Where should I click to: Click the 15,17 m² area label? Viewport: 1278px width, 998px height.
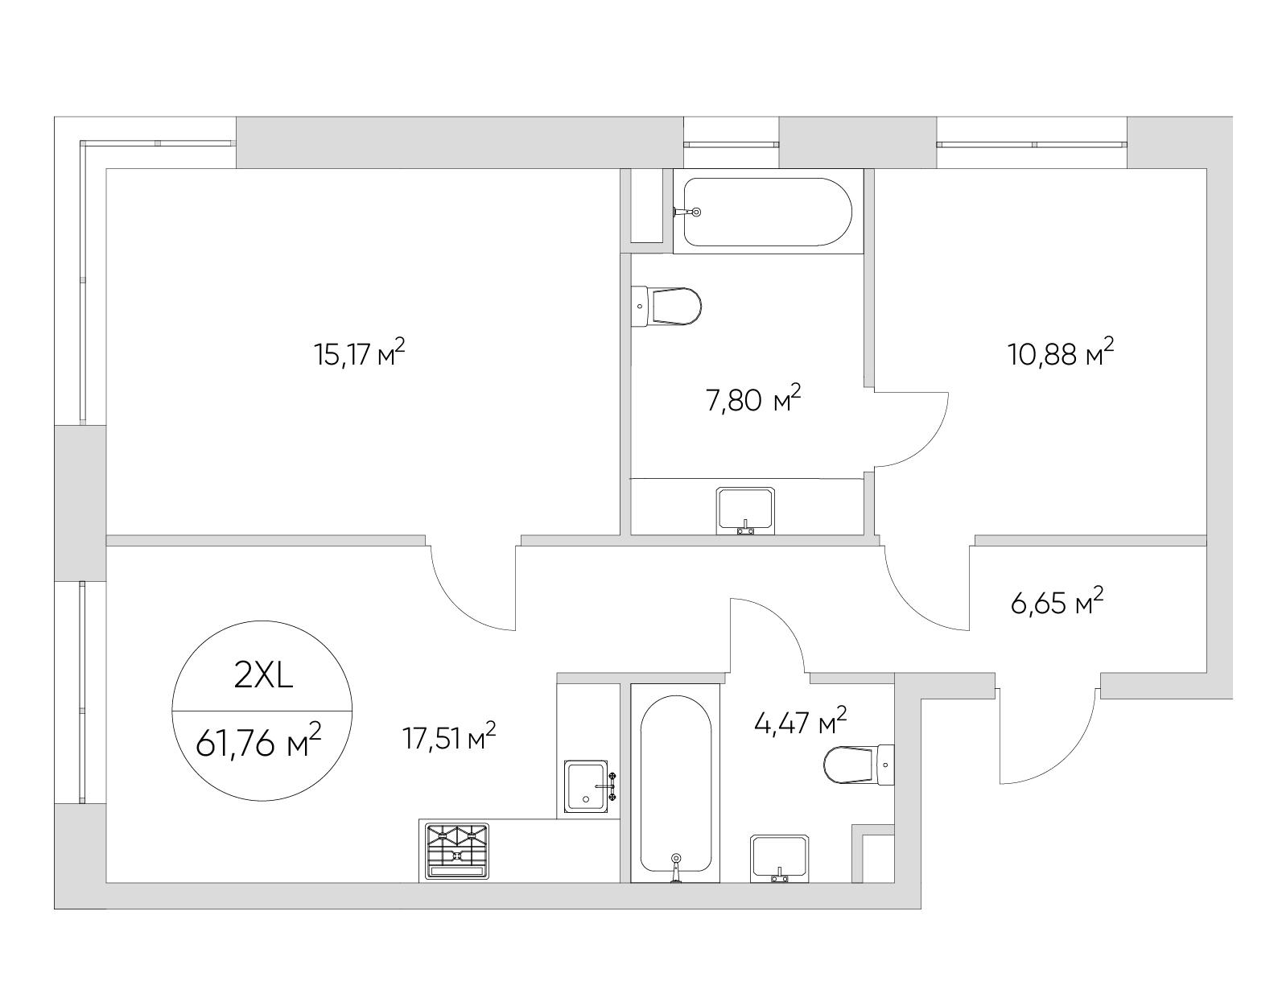click(360, 354)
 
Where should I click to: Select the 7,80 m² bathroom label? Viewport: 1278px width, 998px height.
click(753, 399)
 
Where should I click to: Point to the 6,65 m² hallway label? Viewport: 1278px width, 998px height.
click(1056, 602)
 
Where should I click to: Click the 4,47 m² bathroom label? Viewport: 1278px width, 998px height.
click(801, 722)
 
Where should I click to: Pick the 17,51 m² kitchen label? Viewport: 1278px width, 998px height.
click(449, 737)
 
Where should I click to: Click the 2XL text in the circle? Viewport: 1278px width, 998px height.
click(263, 678)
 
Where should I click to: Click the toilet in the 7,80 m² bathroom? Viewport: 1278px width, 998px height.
click(666, 307)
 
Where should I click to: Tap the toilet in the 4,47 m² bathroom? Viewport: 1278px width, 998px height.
click(860, 765)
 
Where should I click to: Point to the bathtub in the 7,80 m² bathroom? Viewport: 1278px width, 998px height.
click(768, 212)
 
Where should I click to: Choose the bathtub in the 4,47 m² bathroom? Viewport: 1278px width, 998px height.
click(675, 783)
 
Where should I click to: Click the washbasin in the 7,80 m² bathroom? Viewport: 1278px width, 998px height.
click(745, 511)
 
